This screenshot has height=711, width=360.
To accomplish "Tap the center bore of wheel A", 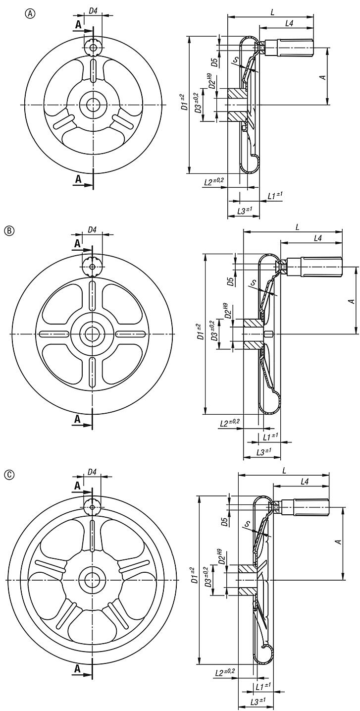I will (93, 105).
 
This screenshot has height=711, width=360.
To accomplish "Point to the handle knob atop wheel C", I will (92, 507).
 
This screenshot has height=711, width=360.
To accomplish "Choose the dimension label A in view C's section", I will (338, 542).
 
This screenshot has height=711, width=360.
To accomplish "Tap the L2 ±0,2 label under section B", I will (229, 422).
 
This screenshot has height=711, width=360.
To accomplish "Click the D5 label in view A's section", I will (214, 62).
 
